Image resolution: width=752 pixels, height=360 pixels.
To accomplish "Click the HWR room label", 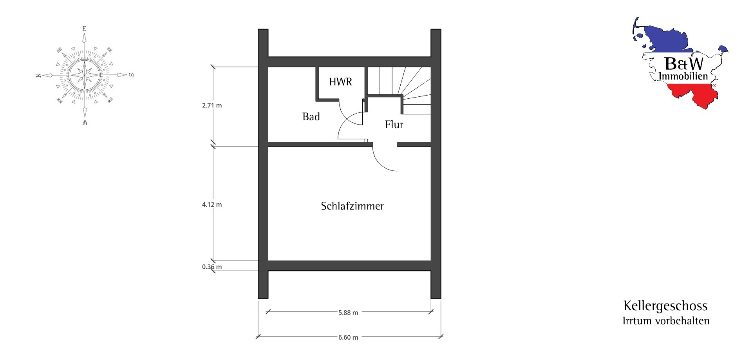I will (340, 82).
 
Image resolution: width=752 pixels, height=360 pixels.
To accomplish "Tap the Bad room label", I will (311, 117).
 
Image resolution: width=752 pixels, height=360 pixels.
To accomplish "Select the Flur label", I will (394, 125).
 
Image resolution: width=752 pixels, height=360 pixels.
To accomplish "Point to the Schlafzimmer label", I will (352, 206).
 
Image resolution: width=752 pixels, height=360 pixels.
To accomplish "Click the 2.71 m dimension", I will (212, 105).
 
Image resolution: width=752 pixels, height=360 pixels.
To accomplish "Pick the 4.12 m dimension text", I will (212, 204).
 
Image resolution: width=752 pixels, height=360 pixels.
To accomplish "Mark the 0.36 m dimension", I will (212, 267).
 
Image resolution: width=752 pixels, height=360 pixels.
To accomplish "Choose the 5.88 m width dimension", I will (348, 313).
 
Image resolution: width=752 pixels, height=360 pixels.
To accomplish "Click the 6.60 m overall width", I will (348, 337).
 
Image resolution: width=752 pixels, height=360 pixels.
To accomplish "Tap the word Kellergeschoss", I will (665, 306).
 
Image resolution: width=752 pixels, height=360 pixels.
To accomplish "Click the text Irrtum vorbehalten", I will (666, 321).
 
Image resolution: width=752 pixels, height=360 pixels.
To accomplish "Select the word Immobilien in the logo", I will (683, 76).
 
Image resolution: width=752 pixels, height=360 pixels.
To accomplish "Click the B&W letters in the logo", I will (684, 63).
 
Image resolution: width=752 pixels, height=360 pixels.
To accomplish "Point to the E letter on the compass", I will (84, 28).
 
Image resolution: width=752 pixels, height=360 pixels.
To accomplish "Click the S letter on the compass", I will (132, 75).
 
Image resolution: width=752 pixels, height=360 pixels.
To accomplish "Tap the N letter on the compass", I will (38, 75).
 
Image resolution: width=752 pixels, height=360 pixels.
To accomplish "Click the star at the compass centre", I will (84, 75).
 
